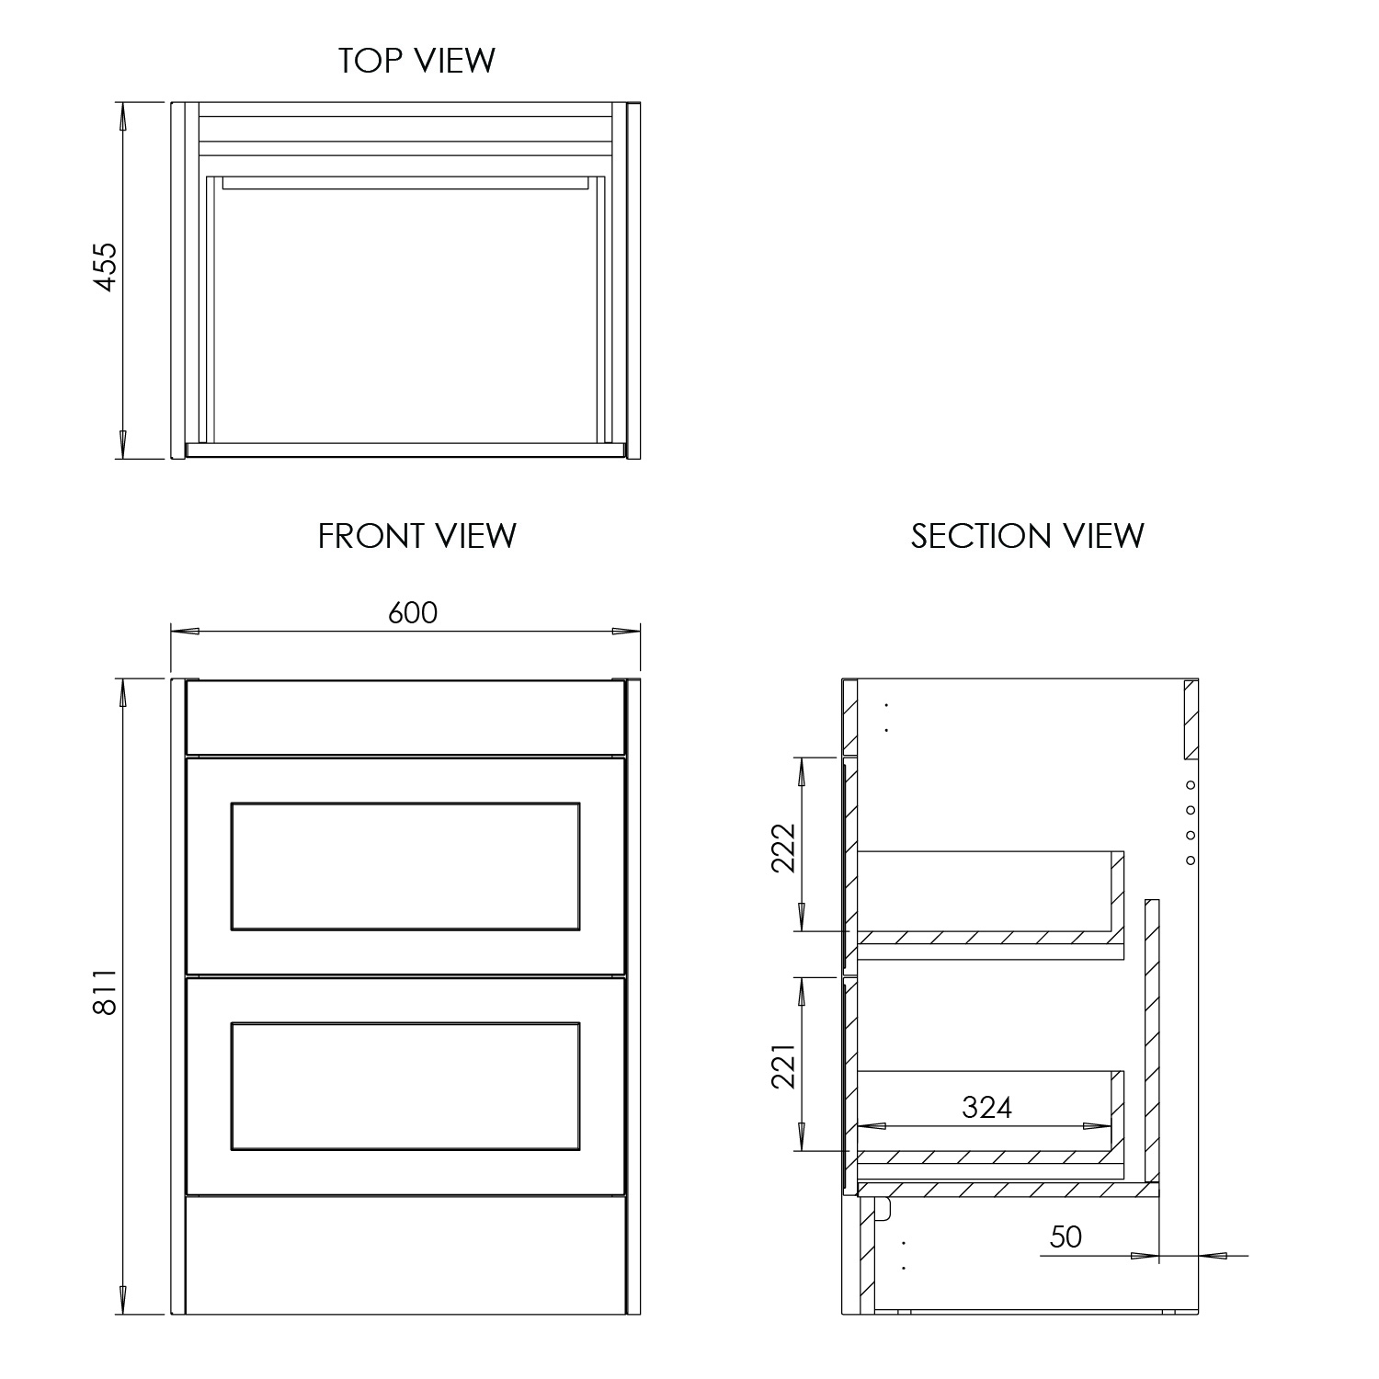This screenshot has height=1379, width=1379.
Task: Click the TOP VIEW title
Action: (416, 61)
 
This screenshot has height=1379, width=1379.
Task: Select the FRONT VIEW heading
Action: (416, 536)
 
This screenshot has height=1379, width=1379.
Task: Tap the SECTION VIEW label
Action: (1027, 536)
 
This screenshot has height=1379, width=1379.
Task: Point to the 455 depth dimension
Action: (106, 267)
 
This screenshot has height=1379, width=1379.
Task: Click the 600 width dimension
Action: (412, 612)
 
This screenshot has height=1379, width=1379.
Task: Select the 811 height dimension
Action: (106, 992)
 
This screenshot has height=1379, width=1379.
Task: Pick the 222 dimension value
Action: (782, 847)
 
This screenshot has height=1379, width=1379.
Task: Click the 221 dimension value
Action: (782, 1066)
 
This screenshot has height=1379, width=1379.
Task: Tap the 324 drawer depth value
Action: (986, 1108)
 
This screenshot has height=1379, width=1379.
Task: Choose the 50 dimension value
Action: (1066, 1237)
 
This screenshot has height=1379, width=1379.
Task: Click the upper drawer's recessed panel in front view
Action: (405, 866)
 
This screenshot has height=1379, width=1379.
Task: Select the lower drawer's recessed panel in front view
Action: (405, 1086)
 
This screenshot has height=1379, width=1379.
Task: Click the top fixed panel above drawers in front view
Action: (405, 717)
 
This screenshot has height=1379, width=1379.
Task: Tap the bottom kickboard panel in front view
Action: (405, 1254)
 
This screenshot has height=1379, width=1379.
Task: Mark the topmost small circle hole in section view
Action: (1191, 785)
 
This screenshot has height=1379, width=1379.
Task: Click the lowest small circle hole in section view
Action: (1191, 860)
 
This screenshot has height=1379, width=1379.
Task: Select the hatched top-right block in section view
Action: (1191, 719)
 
